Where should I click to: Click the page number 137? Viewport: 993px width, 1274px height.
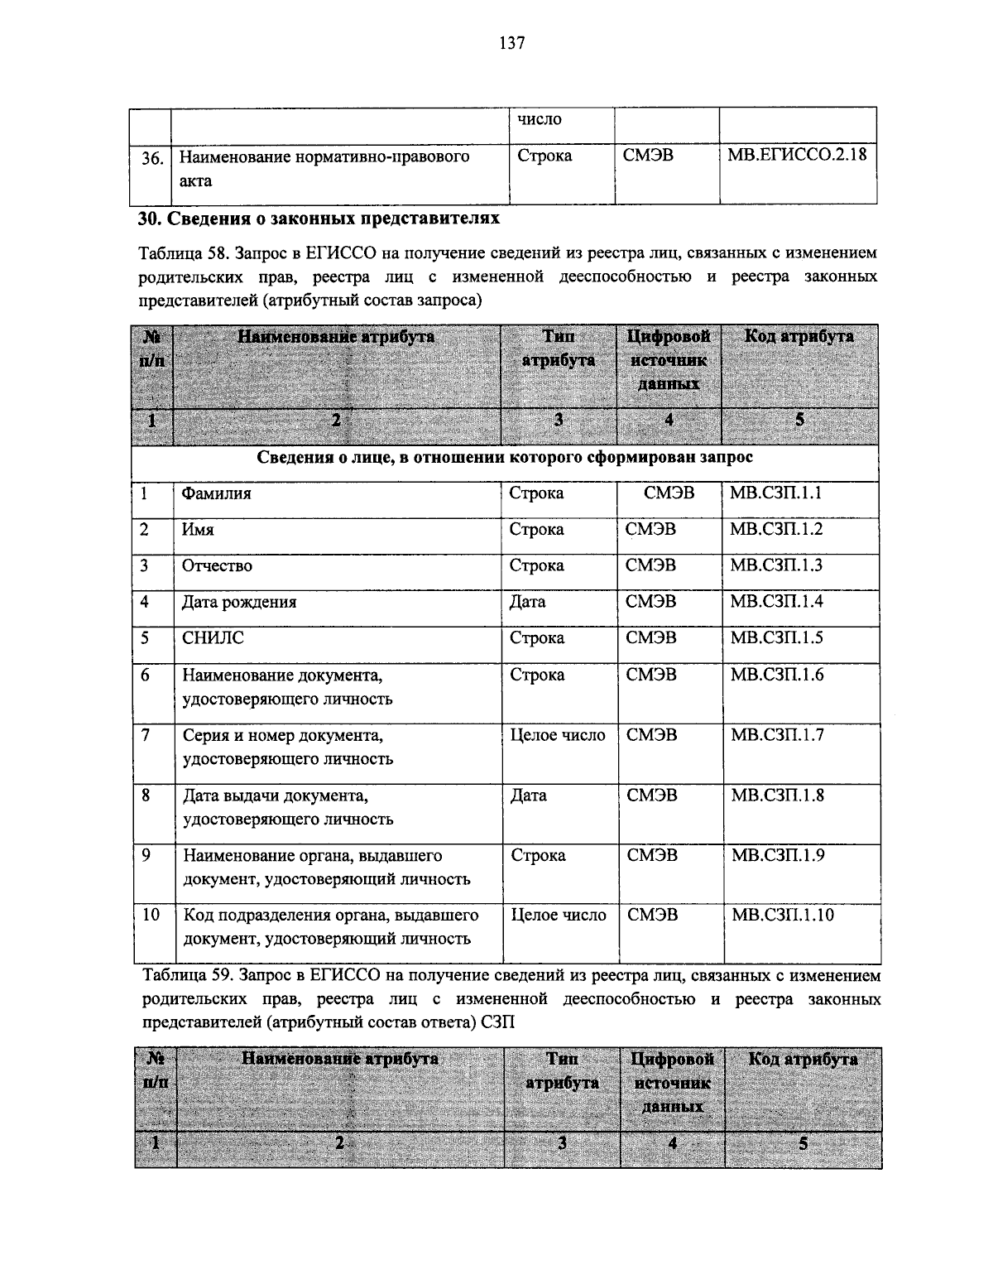pyautogui.click(x=511, y=44)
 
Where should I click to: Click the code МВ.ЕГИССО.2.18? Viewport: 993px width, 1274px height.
pyautogui.click(x=797, y=155)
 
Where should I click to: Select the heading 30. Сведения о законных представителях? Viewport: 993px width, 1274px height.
pyautogui.click(x=318, y=219)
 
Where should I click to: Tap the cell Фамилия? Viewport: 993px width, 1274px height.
pyautogui.click(x=216, y=493)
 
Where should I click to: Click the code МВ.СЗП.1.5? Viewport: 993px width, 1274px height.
pyautogui.click(x=776, y=638)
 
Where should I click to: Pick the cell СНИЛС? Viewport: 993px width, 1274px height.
pyautogui.click(x=213, y=638)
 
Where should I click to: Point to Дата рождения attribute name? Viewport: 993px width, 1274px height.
pyautogui.click(x=239, y=602)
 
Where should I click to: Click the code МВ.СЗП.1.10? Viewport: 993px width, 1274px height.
pyautogui.click(x=782, y=915)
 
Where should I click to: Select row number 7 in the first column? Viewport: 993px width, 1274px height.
pyautogui.click(x=146, y=735)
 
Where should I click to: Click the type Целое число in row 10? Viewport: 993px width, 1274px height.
pyautogui.click(x=559, y=915)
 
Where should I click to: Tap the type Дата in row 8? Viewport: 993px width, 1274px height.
pyautogui.click(x=529, y=796)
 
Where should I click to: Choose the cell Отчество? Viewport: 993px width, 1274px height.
pyautogui.click(x=217, y=566)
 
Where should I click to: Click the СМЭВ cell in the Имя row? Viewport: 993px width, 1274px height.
pyautogui.click(x=650, y=530)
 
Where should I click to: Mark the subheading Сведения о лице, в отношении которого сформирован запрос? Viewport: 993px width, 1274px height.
pyautogui.click(x=505, y=457)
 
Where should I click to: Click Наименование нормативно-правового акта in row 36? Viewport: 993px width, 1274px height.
pyautogui.click(x=324, y=168)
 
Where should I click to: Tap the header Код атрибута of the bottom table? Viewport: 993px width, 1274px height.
pyautogui.click(x=803, y=1060)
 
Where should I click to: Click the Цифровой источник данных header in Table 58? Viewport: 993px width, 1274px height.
pyautogui.click(x=669, y=360)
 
